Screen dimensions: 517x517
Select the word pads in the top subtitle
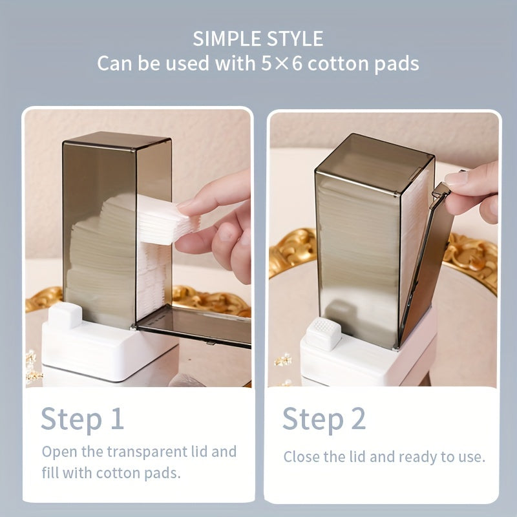tap(393, 64)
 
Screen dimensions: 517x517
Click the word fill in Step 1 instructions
tap(51, 472)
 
